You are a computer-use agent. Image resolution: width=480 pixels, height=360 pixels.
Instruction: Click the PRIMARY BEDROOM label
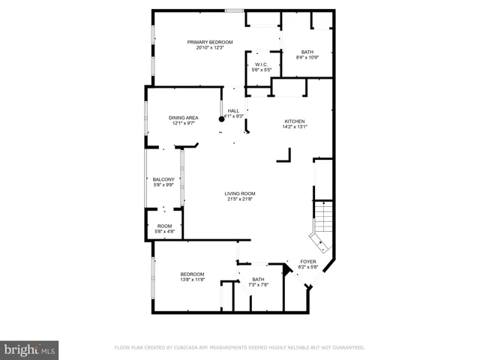[209, 42]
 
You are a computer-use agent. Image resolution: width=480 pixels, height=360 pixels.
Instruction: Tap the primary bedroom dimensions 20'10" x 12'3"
[209, 48]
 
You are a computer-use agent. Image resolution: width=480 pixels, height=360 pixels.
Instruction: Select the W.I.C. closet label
[262, 64]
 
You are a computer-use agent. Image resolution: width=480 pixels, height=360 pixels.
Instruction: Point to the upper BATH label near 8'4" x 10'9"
[307, 52]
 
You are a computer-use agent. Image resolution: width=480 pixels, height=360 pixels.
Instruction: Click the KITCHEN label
[294, 121]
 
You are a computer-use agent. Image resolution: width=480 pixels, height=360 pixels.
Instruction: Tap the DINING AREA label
[183, 118]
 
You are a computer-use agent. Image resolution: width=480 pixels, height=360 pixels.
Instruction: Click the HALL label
[233, 111]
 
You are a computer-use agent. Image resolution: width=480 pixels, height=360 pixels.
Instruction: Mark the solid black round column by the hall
[222, 118]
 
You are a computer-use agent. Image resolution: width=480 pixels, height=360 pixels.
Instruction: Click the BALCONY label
[163, 179]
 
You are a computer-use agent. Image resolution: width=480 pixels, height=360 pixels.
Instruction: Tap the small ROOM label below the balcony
[163, 226]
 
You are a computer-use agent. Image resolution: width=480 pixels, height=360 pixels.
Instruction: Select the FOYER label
[308, 262]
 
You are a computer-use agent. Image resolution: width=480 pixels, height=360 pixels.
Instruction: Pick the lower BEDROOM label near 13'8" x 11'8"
[192, 274]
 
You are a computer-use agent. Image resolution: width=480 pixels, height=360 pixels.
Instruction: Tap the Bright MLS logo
[30, 349]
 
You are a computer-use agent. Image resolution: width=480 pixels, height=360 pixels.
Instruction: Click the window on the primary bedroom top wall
[235, 10]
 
